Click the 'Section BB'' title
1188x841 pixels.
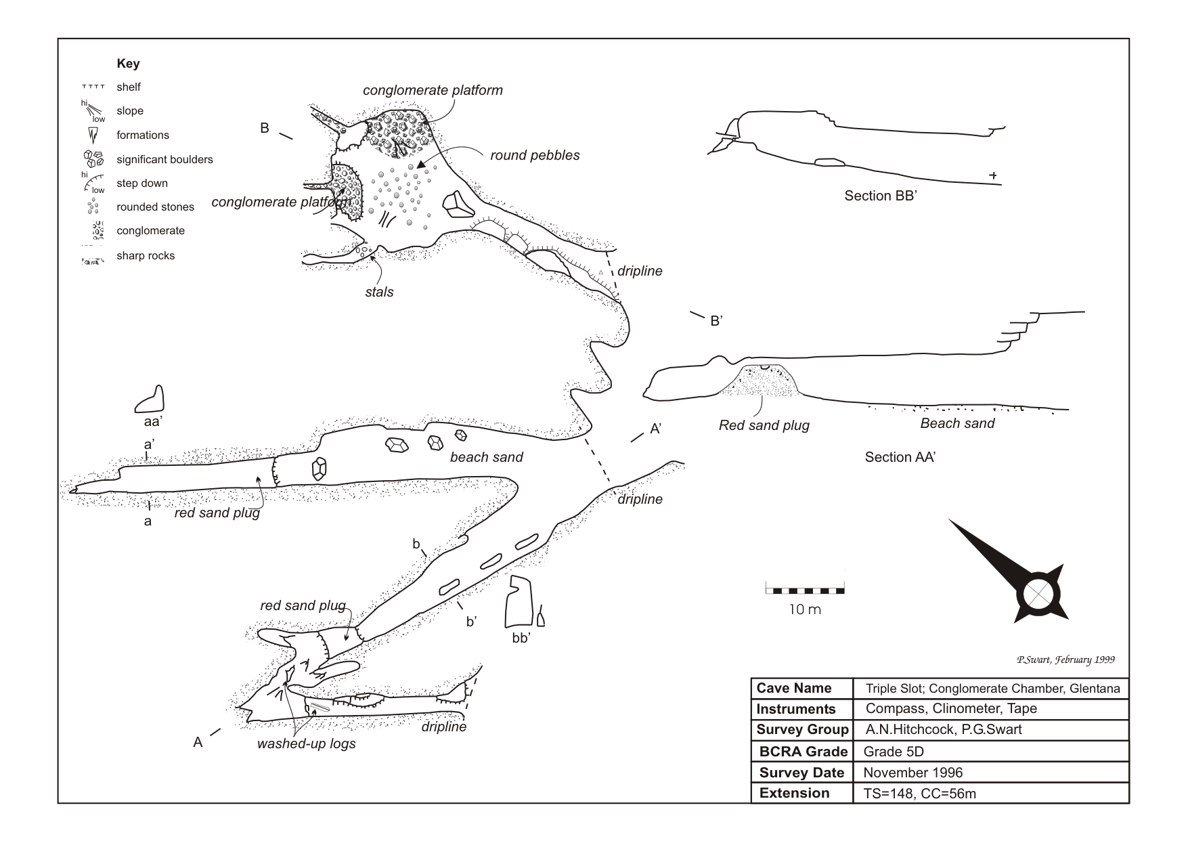coord(880,196)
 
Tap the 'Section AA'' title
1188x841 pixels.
coord(900,457)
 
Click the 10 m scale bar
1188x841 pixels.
coord(805,590)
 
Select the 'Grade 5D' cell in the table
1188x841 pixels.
coord(894,752)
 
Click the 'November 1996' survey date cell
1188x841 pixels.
coord(912,773)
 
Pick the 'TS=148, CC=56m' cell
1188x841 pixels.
coord(919,794)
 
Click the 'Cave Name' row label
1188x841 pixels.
coord(793,688)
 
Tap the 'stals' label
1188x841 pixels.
coord(379,292)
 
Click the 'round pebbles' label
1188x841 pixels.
coord(535,155)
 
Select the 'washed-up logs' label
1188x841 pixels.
coord(306,744)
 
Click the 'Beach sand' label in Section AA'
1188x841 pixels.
coord(957,423)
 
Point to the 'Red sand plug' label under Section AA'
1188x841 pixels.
coord(764,425)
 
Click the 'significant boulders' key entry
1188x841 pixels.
coord(164,159)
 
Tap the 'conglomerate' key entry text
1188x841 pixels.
coord(150,231)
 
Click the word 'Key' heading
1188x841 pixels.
coord(128,64)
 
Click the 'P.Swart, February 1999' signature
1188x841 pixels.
coord(1065,660)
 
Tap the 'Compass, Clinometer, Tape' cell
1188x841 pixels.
coord(951,709)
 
